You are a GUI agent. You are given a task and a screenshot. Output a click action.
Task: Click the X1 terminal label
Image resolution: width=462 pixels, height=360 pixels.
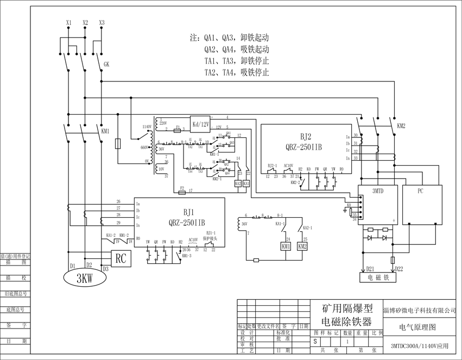point(68,23)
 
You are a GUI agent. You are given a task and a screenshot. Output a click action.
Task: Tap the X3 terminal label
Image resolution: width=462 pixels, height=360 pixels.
point(102,23)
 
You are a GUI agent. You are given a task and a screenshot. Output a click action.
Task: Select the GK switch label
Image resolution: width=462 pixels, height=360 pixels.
point(106,64)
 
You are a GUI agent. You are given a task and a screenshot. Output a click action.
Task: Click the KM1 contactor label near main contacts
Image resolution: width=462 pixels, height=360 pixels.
point(105,131)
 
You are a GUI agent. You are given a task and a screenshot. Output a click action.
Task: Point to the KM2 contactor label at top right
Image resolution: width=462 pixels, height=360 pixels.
point(401,125)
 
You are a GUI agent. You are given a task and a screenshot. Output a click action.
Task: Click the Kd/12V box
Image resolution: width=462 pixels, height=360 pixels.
point(200,124)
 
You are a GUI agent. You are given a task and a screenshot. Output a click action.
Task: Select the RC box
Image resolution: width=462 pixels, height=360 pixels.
point(121,259)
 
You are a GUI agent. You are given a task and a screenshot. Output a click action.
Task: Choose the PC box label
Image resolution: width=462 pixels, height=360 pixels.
point(421,191)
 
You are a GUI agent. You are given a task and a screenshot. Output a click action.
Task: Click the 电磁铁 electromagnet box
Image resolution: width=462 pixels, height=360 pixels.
point(378,277)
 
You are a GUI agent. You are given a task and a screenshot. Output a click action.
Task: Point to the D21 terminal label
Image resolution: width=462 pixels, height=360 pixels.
point(370,268)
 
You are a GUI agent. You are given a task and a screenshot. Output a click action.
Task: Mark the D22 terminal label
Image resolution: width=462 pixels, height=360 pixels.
point(398,268)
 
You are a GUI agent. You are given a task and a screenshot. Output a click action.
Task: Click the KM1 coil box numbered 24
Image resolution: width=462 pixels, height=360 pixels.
point(286,246)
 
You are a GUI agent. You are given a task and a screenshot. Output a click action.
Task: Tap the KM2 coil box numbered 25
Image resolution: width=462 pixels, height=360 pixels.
point(302,246)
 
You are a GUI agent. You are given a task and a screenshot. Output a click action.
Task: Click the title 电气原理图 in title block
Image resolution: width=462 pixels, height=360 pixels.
point(417,327)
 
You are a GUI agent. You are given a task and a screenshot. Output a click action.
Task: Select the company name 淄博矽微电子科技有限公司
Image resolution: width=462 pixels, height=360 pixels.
point(420,311)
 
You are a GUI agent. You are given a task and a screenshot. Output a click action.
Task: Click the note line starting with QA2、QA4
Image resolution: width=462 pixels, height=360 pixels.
point(237,49)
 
